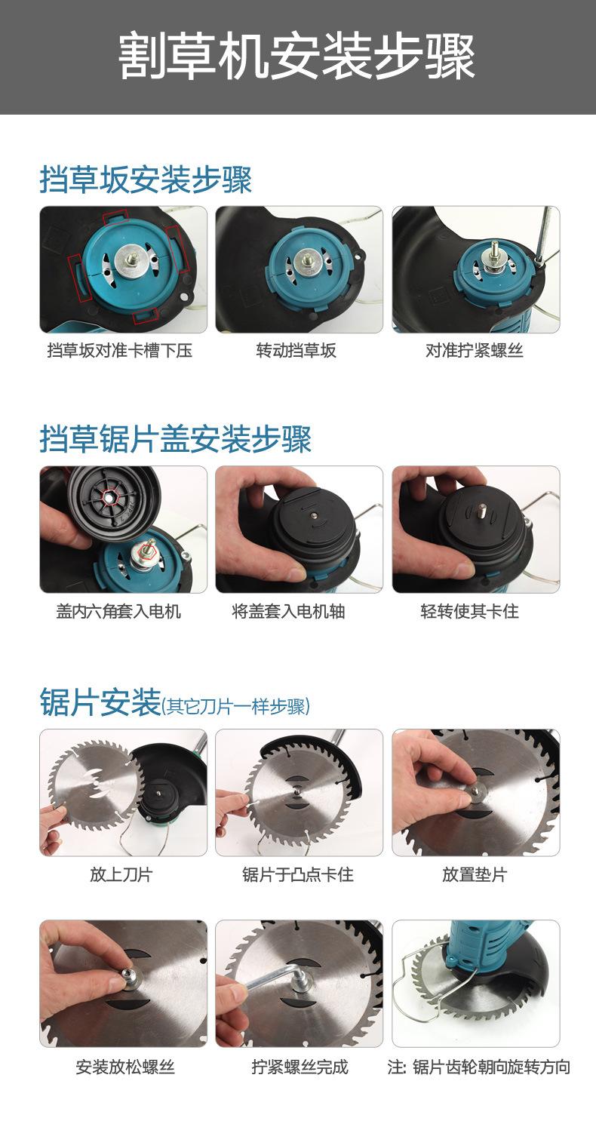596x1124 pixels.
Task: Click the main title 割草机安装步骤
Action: tap(296, 57)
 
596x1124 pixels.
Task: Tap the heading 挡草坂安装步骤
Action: tap(146, 179)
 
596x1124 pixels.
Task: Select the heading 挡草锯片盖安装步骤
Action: tap(176, 438)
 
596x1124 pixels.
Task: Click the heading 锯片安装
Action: tap(100, 702)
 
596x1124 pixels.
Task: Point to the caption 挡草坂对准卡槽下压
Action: tap(120, 350)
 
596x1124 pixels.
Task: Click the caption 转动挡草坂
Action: tap(296, 350)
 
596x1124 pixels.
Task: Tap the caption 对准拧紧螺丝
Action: tap(475, 350)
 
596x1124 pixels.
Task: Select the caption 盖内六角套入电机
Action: tap(118, 611)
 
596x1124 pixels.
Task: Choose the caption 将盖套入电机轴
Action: tap(288, 611)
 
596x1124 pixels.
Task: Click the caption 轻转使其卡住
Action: tap(469, 611)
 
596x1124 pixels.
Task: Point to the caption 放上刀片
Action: tap(121, 874)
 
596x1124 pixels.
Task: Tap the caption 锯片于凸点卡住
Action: tap(298, 874)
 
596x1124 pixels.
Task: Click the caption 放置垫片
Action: tap(475, 874)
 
